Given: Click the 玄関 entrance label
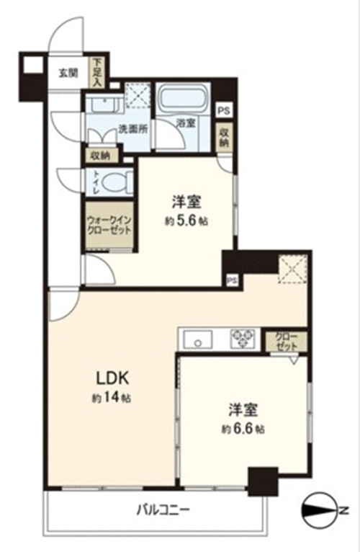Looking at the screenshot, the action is tap(68, 74).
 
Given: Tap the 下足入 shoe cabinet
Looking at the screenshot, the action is tap(96, 73).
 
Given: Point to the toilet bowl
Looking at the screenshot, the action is tap(115, 183).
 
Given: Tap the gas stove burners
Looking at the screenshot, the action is tap(243, 338).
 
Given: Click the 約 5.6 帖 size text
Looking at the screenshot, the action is tap(186, 221).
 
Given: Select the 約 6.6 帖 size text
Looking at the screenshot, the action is tap(243, 429).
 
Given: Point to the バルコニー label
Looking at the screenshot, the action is tap(163, 509).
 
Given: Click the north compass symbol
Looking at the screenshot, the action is tap(321, 509).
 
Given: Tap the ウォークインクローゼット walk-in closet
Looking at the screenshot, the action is tap(109, 226).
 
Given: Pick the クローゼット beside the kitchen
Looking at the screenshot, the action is tap(287, 341).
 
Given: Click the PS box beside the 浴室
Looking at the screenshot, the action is tap(224, 111).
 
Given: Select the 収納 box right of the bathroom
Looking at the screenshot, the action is tap(223, 138).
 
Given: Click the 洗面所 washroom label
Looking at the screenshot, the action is tap(132, 130).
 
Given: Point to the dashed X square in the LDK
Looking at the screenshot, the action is tap(293, 269).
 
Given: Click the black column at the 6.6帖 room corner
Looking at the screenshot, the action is tap(264, 481).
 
